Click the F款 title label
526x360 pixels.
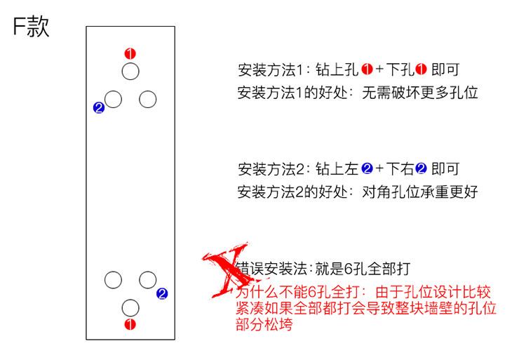point(30,28)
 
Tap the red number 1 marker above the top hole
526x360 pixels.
point(130,53)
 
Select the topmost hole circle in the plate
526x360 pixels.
point(130,71)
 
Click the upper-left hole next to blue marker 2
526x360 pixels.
point(113,99)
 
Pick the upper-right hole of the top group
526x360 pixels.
point(147,99)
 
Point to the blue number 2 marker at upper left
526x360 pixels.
point(98,108)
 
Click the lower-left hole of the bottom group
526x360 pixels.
point(113,280)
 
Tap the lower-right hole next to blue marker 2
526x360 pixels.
point(147,280)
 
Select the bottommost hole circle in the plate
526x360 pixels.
point(130,307)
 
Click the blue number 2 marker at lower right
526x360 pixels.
point(162,294)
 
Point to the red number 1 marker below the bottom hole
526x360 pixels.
point(130,324)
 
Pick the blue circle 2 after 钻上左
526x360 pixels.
point(366,169)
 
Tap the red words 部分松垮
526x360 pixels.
point(264,326)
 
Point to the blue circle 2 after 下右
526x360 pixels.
point(422,169)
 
